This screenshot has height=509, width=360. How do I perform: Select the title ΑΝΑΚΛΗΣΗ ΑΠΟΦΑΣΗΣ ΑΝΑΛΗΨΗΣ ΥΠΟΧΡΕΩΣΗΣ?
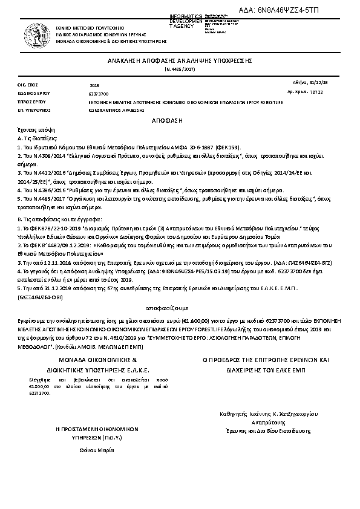[180, 62]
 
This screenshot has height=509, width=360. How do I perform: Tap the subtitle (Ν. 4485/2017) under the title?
[180, 70]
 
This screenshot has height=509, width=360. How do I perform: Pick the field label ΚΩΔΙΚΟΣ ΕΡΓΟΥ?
[32, 94]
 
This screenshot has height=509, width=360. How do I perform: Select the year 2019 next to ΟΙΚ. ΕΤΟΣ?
[93, 86]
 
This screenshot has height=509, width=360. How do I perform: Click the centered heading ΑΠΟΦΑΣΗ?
[180, 121]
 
